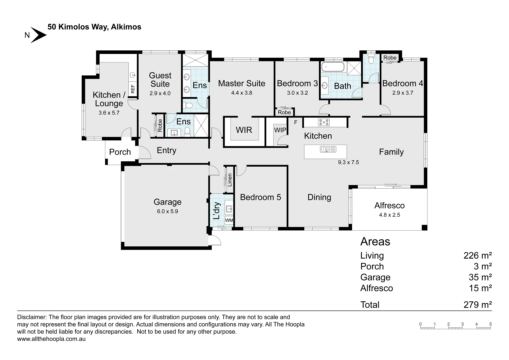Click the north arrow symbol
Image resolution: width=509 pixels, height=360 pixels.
point(38,35)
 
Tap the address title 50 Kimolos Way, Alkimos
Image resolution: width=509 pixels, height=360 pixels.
point(94,27)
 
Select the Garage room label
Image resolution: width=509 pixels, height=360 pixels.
point(167,202)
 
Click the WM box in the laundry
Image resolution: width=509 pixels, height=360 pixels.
point(229,220)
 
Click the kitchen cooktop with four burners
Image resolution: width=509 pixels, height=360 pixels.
point(324,122)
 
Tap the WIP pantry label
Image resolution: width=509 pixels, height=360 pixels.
point(280,130)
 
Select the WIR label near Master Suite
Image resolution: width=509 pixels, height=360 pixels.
point(244,130)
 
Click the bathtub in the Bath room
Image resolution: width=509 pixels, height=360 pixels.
point(332,67)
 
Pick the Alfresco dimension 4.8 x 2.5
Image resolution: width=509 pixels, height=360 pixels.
point(389,215)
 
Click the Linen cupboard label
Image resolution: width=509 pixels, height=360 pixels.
point(229,180)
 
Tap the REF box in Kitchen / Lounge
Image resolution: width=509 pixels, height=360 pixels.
point(133,89)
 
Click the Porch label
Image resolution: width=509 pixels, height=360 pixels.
point(120,152)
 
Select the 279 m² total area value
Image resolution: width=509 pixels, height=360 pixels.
point(477,305)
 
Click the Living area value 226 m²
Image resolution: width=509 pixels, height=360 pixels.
point(477,256)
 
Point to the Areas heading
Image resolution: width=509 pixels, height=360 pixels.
point(375,242)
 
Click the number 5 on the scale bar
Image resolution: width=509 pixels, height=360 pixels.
point(490,324)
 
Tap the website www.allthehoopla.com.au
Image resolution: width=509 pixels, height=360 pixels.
point(51,339)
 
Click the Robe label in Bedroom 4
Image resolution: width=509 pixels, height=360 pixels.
point(390,58)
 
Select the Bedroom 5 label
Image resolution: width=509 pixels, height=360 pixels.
point(260,197)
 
